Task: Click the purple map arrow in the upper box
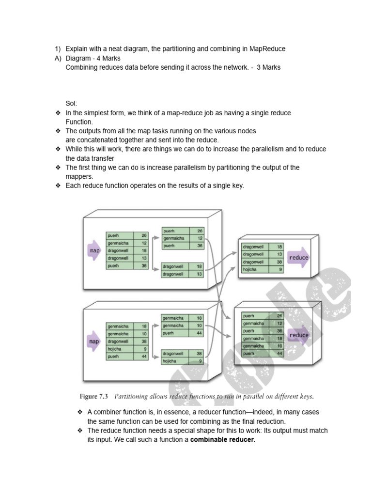94,250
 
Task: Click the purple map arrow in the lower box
94,341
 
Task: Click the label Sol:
71,104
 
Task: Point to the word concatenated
103,140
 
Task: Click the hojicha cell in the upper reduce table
250,269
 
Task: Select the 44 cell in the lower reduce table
279,354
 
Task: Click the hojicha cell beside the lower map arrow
115,349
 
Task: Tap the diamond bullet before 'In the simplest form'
58,113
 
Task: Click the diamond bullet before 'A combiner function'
80,412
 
